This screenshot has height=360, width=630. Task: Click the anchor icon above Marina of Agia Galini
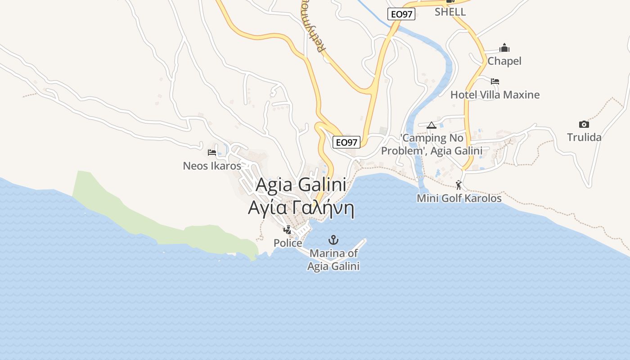point(333,239)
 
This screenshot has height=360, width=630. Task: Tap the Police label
point(288,243)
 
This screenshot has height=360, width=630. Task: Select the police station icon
point(287,230)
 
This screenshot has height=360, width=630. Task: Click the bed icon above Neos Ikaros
point(212,153)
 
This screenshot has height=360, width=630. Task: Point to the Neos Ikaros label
point(212,166)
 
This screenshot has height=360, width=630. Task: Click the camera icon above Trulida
point(584,124)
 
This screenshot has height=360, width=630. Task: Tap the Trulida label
point(584,137)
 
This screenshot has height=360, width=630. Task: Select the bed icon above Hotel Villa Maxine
point(495,81)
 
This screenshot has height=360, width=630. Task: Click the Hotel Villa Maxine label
point(495,94)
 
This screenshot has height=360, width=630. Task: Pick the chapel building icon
point(504,48)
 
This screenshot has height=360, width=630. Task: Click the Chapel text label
point(504,61)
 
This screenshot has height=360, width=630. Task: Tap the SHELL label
point(450,12)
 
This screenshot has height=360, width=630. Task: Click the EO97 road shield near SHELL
point(401,14)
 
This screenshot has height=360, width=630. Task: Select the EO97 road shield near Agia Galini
point(346,143)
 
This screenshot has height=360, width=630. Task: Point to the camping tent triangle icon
point(432,125)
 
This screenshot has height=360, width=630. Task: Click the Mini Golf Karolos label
point(459,198)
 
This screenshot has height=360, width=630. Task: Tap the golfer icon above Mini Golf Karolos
point(459,185)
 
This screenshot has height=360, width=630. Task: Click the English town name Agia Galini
point(301,185)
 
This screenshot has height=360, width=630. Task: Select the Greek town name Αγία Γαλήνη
point(301,208)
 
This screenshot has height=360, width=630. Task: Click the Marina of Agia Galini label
point(333,260)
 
